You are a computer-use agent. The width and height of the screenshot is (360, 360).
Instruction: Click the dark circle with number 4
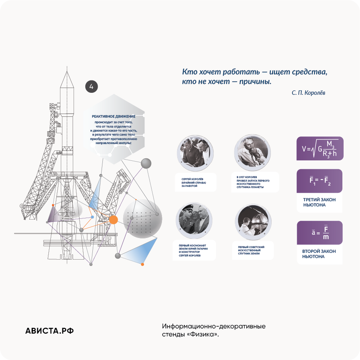pos(91,86)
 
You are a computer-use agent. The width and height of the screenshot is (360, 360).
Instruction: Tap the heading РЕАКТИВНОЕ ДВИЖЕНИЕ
pos(114,116)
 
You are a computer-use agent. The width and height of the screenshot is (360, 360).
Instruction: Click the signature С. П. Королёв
pos(308,93)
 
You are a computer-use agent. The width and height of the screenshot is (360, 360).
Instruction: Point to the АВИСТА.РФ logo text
pos(49,331)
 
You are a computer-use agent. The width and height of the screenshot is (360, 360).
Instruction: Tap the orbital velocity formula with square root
pos(320,148)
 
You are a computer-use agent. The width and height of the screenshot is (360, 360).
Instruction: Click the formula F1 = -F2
pos(319,181)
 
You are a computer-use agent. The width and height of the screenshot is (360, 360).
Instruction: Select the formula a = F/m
pos(320,232)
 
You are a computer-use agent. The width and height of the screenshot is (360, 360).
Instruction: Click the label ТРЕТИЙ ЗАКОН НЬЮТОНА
pos(319,202)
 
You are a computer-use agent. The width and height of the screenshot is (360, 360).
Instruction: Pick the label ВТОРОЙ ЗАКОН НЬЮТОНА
pos(319,254)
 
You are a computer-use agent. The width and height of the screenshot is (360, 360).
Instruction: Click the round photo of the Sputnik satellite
pos(253,222)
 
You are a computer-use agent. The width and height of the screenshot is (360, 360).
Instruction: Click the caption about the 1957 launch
pos(253,182)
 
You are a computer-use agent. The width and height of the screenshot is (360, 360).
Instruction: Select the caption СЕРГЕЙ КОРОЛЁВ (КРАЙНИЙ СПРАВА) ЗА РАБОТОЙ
pos(194,182)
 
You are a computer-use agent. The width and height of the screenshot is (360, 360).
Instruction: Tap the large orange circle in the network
pos(113,220)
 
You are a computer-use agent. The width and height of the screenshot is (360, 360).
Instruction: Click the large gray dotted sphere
pos(142,219)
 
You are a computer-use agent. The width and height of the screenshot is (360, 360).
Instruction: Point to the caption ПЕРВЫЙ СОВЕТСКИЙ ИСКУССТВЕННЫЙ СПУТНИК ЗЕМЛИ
pos(251,250)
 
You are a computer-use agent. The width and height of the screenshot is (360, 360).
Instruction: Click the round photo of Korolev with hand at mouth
pos(252,152)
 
